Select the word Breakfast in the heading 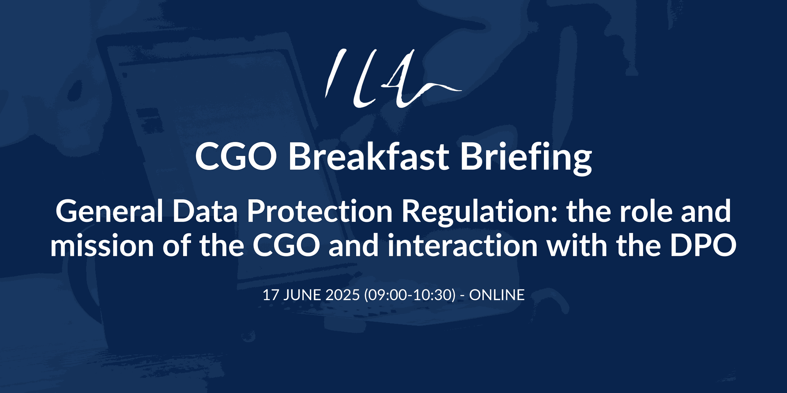[369, 156]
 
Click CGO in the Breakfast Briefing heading [236, 157]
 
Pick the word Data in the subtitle [205, 211]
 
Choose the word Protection [320, 211]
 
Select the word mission [102, 246]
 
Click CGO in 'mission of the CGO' [286, 246]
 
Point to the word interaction [462, 246]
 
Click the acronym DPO [703, 246]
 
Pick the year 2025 [343, 295]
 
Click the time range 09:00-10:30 [410, 295]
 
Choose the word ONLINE [497, 295]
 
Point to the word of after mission [176, 246]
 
